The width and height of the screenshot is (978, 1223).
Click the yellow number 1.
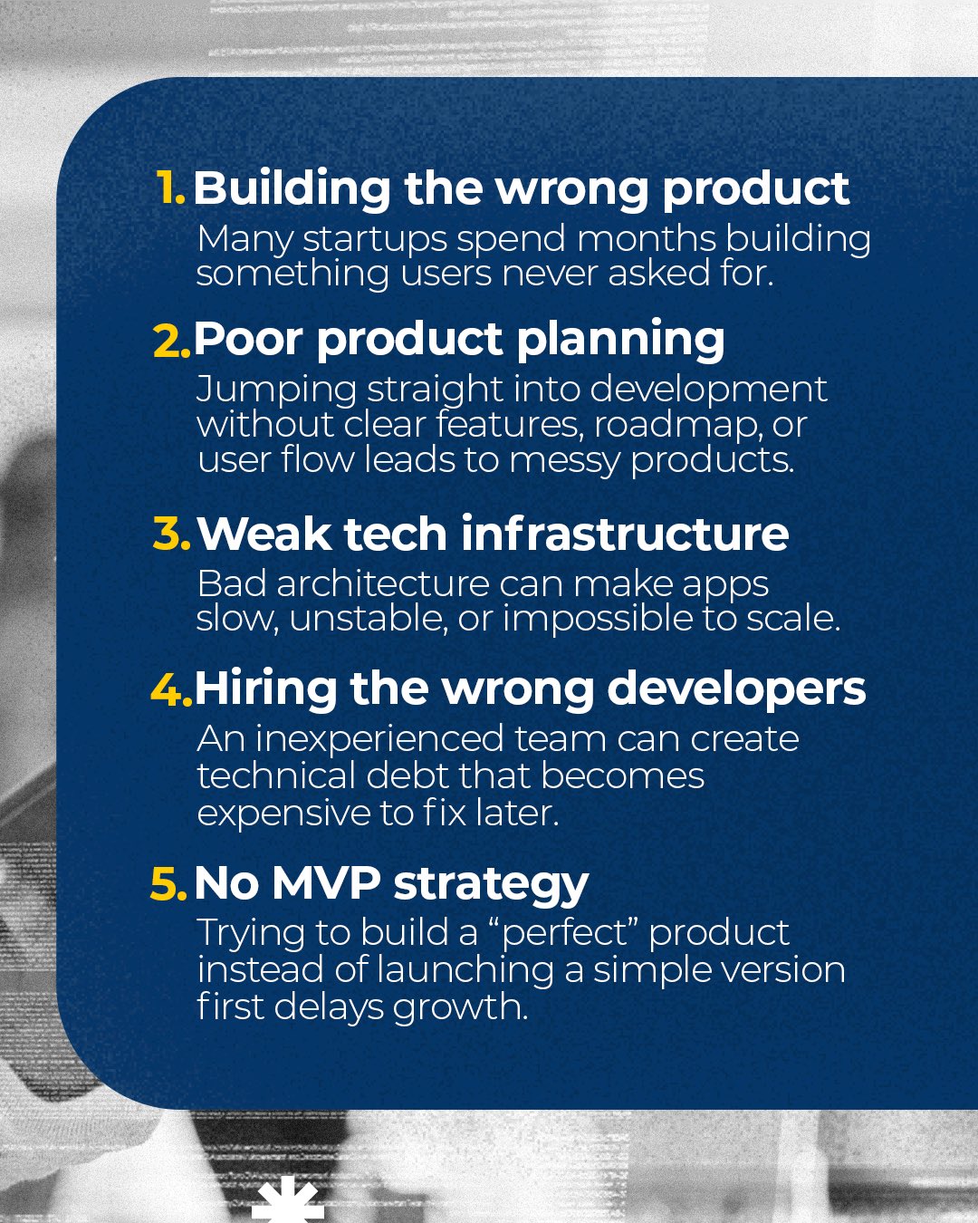(170, 188)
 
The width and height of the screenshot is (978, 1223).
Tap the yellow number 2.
(172, 340)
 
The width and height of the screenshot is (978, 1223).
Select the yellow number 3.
(172, 534)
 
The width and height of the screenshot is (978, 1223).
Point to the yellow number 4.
(171, 689)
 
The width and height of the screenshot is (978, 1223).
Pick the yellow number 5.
(168, 883)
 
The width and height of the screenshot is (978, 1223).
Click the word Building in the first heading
(292, 189)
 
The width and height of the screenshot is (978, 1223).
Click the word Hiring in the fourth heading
(266, 690)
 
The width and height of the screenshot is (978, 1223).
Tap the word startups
(375, 240)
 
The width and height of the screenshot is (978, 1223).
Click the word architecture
(382, 584)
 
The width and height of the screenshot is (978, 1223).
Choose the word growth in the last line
(460, 1009)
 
